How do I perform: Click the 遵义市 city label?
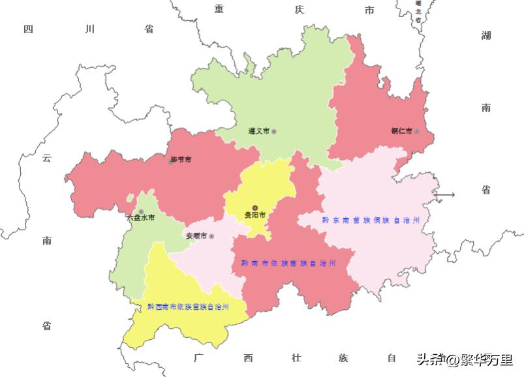pos(259,131)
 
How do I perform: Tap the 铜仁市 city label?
pos(401,131)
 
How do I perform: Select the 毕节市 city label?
pos(181,159)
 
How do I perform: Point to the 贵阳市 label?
pos(255,215)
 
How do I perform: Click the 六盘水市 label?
pos(140,219)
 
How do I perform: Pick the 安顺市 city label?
pos(196,236)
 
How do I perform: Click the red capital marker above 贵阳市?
pos(255,207)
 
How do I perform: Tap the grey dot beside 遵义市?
pos(274,132)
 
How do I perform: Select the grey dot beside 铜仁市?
pos(416,131)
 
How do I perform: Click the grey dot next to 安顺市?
pos(211,236)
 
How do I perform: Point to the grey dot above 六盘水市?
pos(141,211)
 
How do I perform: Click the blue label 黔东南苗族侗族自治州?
pos(370,220)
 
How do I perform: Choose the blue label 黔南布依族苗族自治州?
pos(288,263)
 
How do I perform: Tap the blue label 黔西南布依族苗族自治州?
pos(188,306)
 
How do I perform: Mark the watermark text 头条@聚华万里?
pos(465,359)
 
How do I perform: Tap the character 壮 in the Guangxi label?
pos(297,357)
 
